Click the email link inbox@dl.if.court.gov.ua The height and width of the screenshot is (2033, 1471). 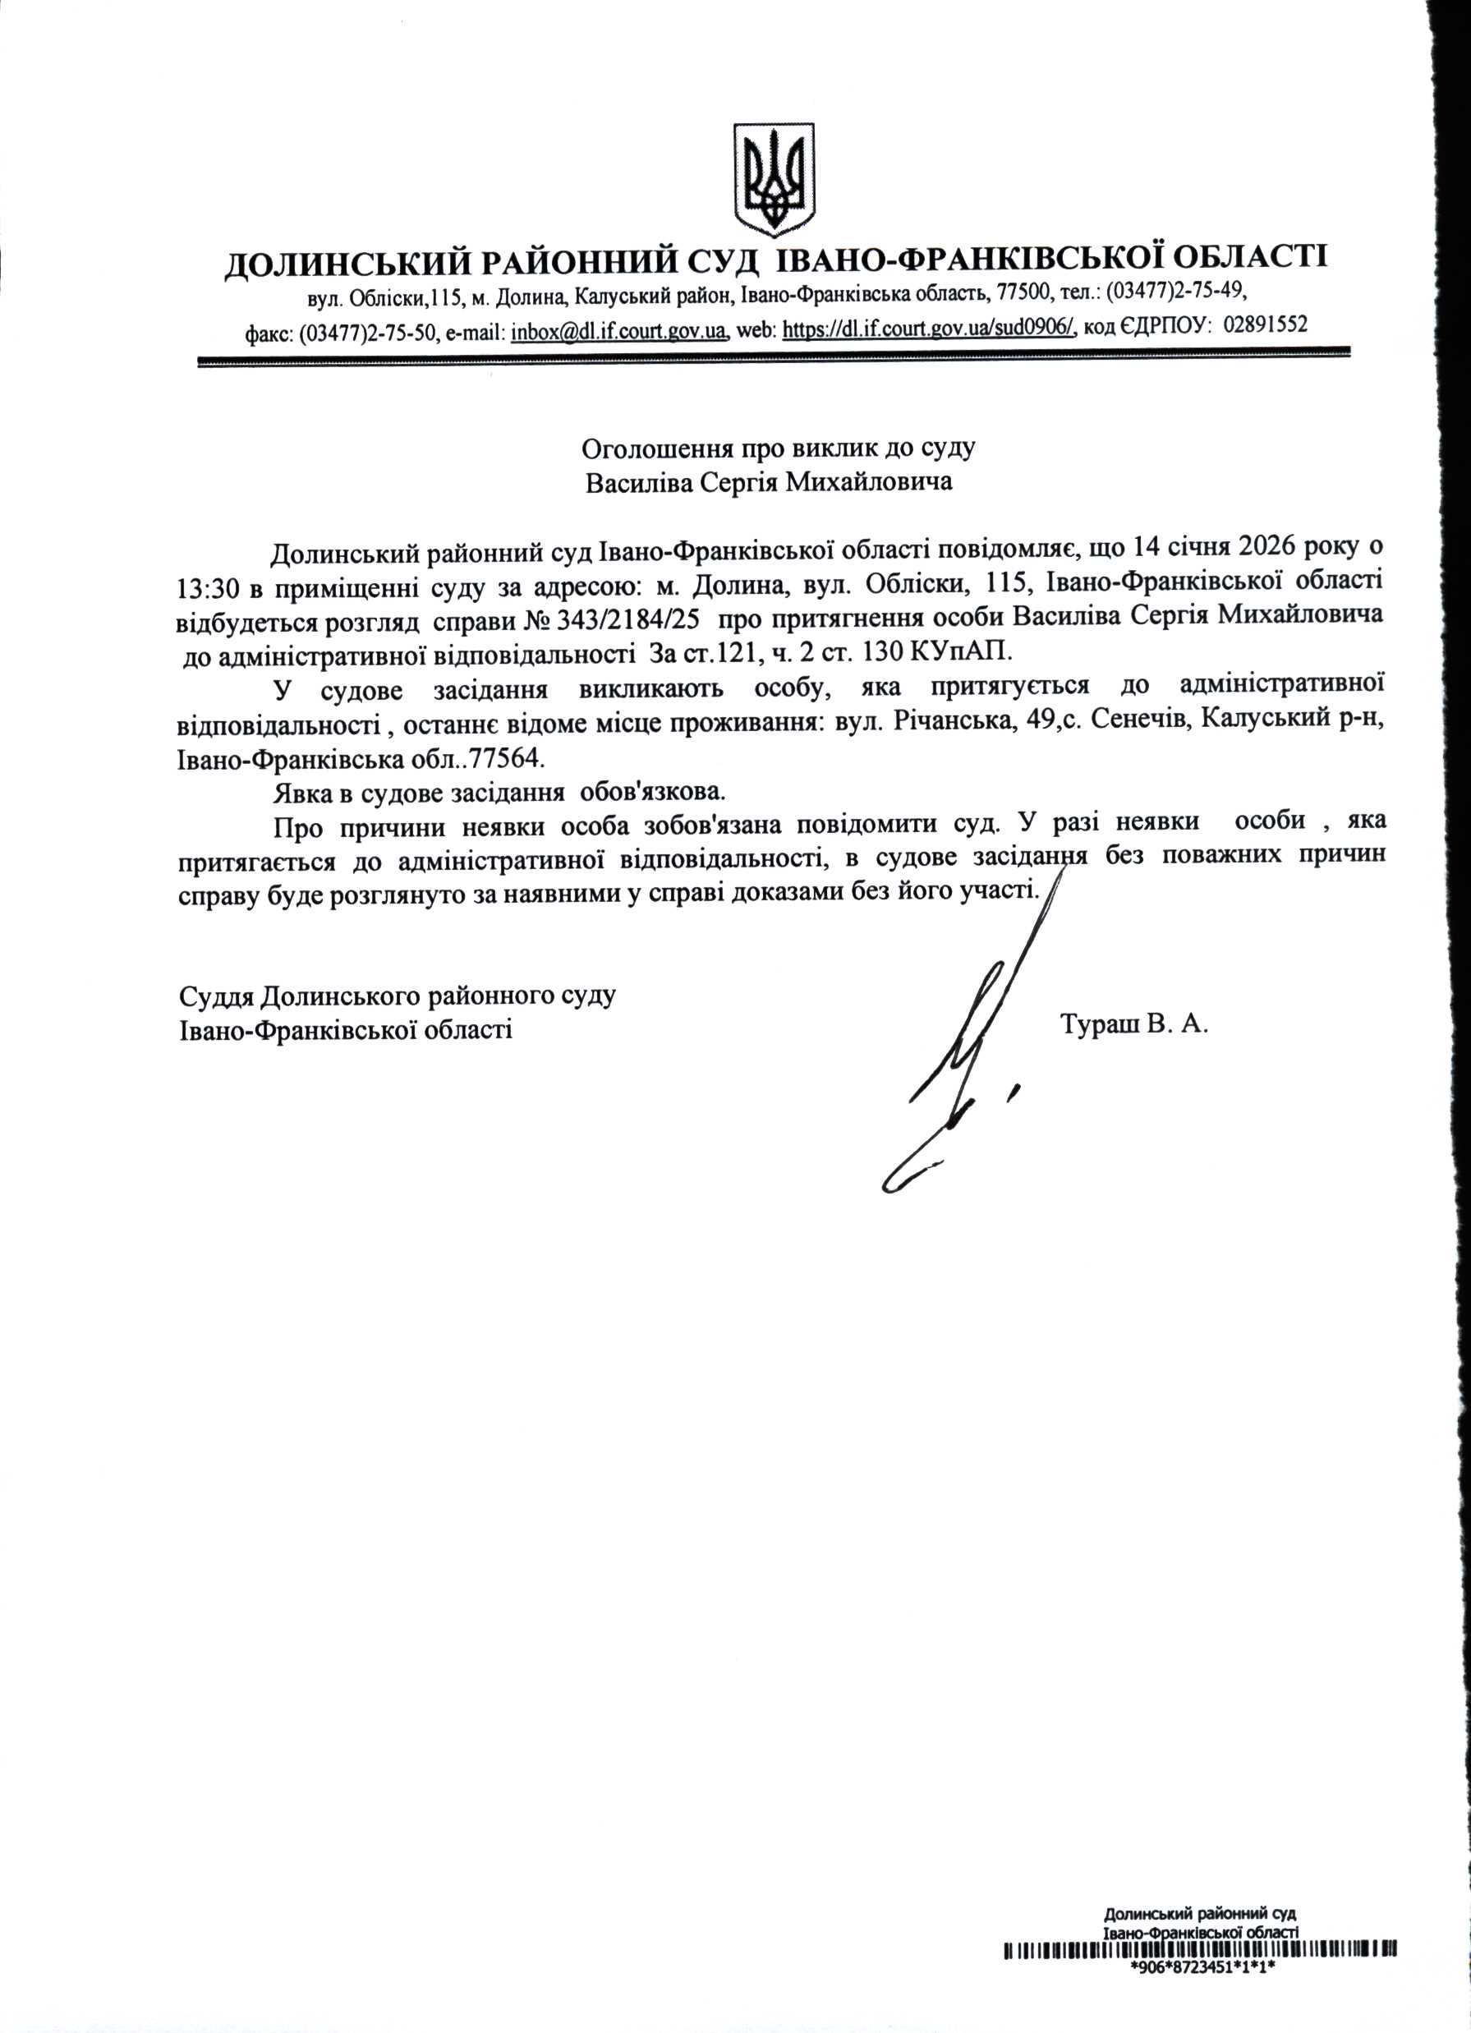tap(618, 332)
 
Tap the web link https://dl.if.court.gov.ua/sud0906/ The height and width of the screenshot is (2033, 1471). tap(929, 332)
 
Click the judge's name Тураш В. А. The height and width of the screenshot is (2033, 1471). tap(1134, 1024)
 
